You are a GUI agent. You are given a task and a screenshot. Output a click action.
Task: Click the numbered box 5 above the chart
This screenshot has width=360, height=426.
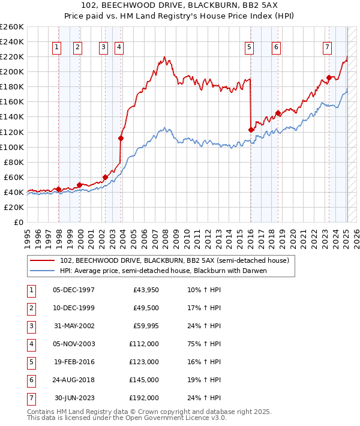pyautogui.click(x=249, y=47)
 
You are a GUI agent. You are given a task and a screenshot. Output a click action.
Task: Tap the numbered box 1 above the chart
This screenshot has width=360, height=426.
pyautogui.click(x=56, y=47)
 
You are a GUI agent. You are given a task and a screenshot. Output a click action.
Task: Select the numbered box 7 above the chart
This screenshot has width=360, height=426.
pyautogui.click(x=327, y=47)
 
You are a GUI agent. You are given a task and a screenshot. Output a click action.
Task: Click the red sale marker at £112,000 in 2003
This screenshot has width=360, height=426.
pyautogui.click(x=121, y=138)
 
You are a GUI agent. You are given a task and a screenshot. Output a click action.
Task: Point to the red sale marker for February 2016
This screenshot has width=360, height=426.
pyautogui.click(x=251, y=130)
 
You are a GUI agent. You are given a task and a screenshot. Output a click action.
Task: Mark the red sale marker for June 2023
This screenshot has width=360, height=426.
pyautogui.click(x=329, y=77)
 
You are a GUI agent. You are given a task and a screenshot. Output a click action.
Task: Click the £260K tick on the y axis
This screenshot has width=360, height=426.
pyautogui.click(x=12, y=27)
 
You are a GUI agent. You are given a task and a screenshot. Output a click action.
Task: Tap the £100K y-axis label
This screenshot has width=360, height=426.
pyautogui.click(x=12, y=147)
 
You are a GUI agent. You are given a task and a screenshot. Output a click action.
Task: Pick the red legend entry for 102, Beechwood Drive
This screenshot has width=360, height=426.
pyautogui.click(x=175, y=260)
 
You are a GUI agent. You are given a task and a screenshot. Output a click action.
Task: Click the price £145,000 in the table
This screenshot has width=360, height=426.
pyautogui.click(x=144, y=380)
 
